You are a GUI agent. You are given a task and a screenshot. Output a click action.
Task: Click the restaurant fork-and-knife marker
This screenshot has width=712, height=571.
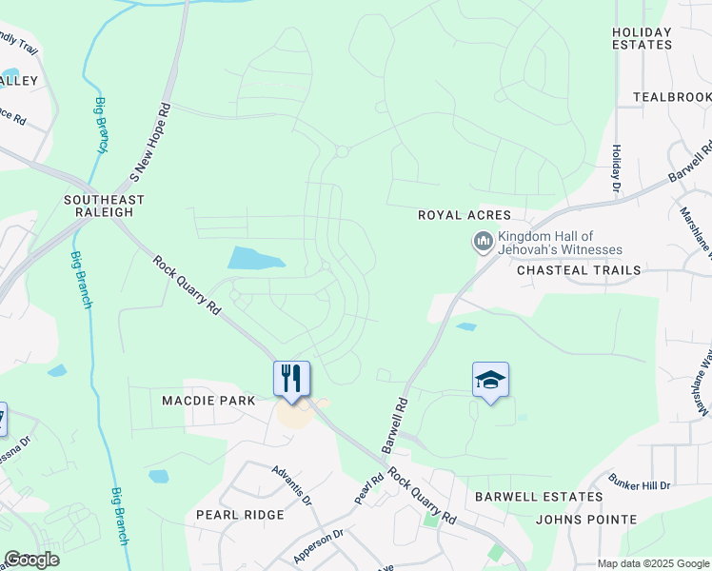point(292,378)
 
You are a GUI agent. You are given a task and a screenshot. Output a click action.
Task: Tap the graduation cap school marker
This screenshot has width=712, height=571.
point(490,381)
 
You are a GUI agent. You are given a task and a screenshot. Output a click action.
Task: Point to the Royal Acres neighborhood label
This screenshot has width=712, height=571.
point(465,215)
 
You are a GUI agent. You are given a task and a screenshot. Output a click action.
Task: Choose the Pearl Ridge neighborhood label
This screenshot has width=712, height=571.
point(240,515)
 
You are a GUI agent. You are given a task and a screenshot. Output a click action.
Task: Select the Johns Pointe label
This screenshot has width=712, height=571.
point(586,520)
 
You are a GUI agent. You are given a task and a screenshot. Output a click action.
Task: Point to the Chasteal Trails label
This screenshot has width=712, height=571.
point(579,270)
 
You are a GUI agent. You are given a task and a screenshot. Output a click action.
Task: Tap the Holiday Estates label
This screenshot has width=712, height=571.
point(642,38)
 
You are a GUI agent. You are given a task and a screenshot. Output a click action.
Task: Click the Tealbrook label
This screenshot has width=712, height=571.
point(672,97)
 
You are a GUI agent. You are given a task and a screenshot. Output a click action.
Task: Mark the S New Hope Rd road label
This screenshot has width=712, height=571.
point(150,143)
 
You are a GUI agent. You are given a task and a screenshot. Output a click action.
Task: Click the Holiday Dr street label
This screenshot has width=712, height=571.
point(616,165)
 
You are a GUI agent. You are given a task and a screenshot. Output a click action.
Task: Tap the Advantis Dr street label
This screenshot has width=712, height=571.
point(290,483)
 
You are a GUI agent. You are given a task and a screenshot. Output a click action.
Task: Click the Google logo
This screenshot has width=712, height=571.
point(32,561)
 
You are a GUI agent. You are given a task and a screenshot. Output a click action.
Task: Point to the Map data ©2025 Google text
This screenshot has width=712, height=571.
point(652,563)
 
